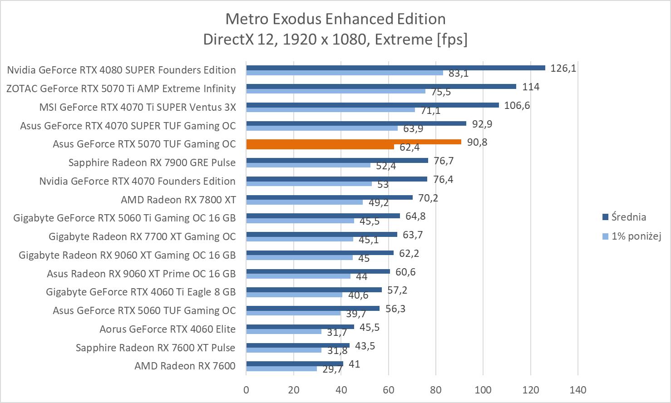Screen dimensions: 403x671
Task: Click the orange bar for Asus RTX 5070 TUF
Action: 353,142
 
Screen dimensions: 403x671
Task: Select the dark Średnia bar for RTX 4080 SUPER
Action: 395,68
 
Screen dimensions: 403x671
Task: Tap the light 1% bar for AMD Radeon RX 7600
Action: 281,369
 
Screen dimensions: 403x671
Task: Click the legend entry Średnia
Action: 628,217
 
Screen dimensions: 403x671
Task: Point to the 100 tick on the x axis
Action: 483,389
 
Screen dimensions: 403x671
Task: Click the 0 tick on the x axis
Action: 246,389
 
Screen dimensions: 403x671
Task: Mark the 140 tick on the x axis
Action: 578,389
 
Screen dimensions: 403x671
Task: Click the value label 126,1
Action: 563,68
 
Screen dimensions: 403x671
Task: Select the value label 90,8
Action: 477,142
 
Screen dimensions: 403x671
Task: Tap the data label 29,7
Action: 332,369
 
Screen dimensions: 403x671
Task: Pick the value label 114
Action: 531,87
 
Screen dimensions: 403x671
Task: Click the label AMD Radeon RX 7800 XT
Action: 178,200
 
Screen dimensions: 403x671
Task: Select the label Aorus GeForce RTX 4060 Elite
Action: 168,329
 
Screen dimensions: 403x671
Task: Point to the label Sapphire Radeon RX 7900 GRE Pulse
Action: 152,162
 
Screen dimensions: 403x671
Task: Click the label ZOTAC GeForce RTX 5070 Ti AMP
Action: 121,88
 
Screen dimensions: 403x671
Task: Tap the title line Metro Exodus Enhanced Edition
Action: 335,19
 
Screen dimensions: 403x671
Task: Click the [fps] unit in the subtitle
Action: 452,39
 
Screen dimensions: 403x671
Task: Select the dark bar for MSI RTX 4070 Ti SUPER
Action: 372,105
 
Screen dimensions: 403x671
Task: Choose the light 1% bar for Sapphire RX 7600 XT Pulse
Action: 284,350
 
